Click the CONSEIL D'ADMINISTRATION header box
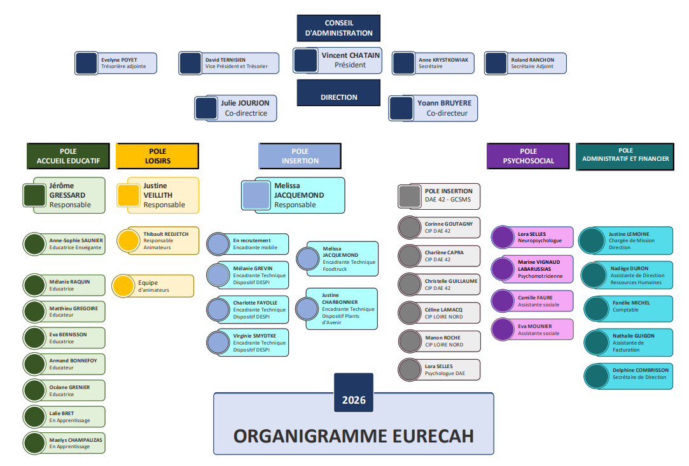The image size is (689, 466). tap(338, 28)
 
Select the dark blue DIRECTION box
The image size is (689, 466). tap(338, 97)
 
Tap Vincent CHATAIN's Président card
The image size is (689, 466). tap(337, 60)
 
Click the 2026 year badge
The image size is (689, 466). tap(354, 400)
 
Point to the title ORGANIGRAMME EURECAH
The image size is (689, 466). tap(354, 435)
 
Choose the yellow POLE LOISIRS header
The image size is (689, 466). tap(157, 156)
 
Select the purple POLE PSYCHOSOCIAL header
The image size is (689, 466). tap(528, 156)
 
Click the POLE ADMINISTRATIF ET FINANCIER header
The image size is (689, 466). tap(625, 156)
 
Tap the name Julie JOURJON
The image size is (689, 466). tap(245, 103)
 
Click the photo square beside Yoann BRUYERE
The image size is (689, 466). tap(401, 109)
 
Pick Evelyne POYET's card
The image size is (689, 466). tap(115, 63)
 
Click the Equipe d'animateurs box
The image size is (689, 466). tap(153, 286)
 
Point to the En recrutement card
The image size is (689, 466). tap(248, 244)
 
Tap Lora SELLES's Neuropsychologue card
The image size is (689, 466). tap(532, 237)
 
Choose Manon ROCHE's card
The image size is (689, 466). tap(439, 341)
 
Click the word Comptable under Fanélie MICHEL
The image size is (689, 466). tap(625, 310)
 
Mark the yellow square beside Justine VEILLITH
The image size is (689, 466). tap(129, 195)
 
